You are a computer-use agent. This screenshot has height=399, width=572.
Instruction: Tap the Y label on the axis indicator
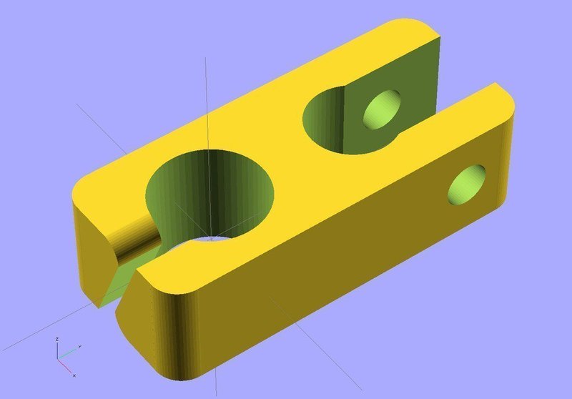(79, 346)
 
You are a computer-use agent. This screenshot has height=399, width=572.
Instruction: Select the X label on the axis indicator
(74, 375)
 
